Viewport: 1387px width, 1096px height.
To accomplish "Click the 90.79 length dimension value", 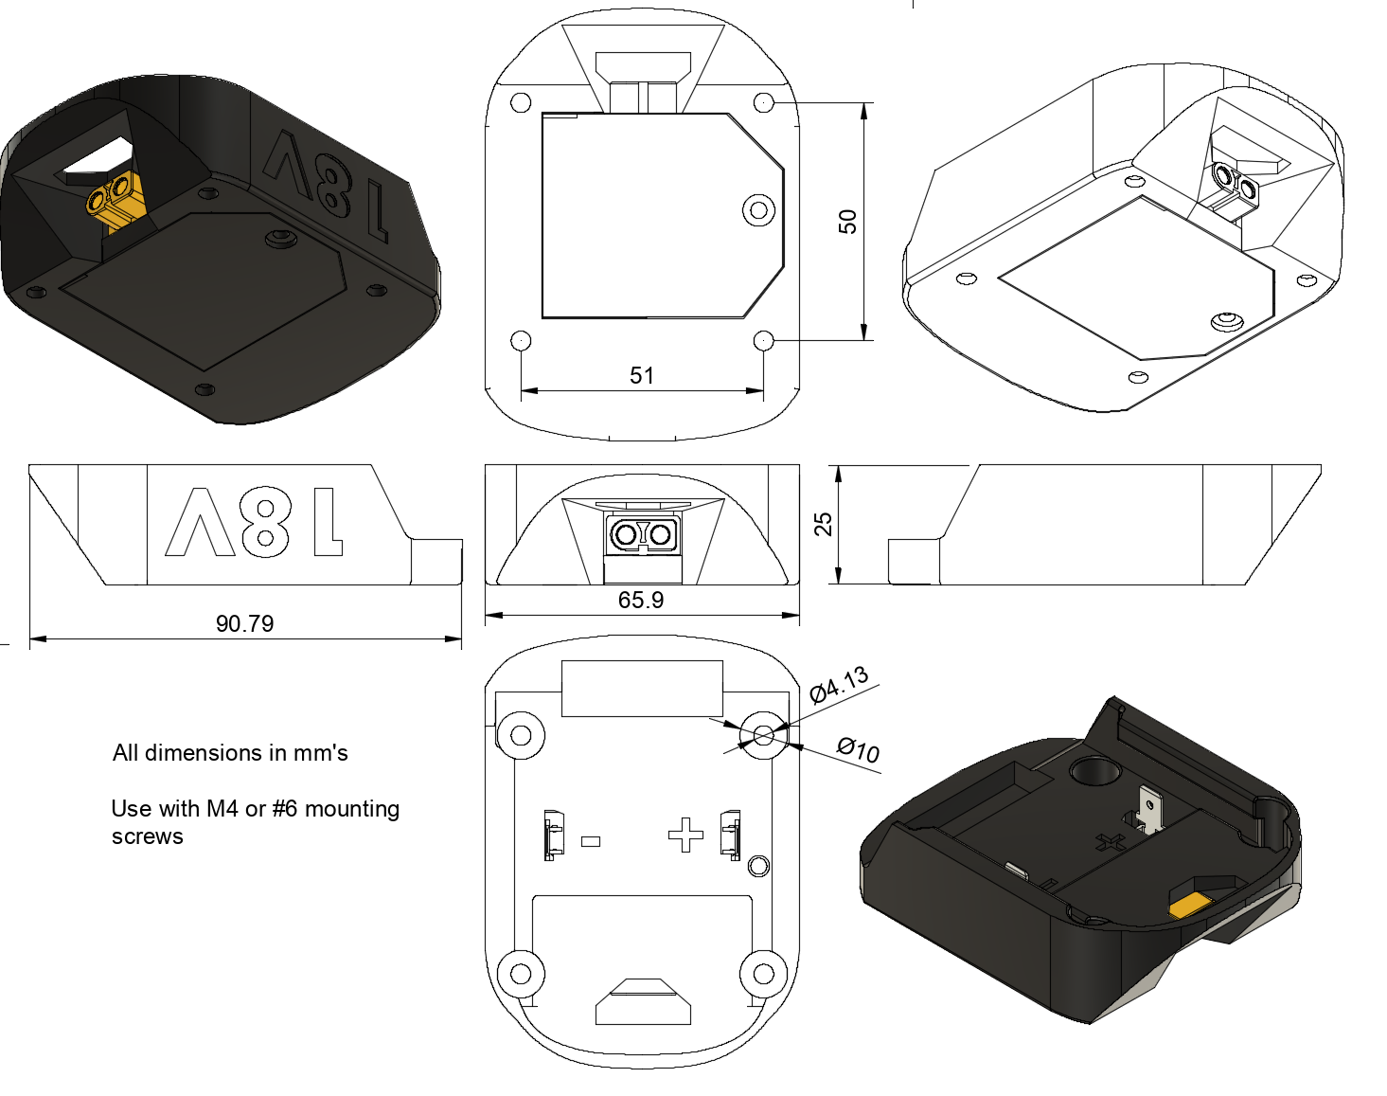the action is click(x=244, y=624).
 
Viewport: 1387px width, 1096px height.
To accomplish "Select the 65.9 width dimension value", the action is click(x=641, y=601).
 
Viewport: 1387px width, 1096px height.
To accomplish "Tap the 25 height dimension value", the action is click(x=824, y=524).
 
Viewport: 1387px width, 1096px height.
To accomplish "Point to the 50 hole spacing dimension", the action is click(x=847, y=222).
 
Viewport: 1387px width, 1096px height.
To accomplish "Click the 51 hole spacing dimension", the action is click(x=641, y=375).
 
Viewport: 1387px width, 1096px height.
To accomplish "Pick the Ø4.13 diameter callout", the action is click(x=840, y=685).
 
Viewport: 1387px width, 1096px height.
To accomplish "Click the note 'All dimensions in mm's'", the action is click(x=230, y=753).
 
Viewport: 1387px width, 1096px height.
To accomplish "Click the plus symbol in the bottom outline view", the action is click(x=685, y=835).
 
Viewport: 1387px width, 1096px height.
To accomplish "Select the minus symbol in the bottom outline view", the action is click(x=591, y=841).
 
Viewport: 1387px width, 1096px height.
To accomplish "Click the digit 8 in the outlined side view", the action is click(x=265, y=521).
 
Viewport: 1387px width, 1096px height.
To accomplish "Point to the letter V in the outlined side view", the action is click(x=200, y=522).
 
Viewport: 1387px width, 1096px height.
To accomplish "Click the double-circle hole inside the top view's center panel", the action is click(x=758, y=210).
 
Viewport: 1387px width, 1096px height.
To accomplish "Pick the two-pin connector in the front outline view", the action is click(x=643, y=534).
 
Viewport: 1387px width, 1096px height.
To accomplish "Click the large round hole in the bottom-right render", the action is click(x=1094, y=771).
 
